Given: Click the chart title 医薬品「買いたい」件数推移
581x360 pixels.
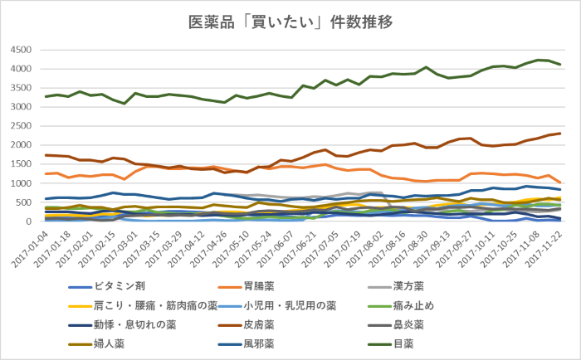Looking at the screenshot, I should (x=290, y=20).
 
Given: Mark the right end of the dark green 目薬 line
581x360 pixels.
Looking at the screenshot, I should (x=560, y=65).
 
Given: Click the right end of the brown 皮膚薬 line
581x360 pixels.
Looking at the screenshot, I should (x=560, y=134).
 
